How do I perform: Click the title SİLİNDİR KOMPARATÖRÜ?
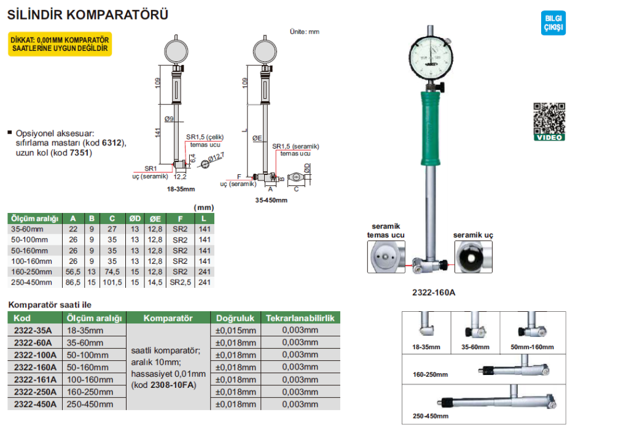(87, 15)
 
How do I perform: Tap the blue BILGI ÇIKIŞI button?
(553, 23)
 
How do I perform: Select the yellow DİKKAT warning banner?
(60, 44)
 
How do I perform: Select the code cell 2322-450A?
(35, 404)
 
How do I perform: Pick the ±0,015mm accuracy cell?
(236, 330)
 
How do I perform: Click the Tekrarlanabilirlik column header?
(300, 318)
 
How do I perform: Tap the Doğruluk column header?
(236, 318)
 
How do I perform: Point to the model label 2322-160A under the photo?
(434, 293)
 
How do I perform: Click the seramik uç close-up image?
(474, 257)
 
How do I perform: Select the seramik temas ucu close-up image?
(386, 257)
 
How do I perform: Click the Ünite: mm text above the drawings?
(304, 31)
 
